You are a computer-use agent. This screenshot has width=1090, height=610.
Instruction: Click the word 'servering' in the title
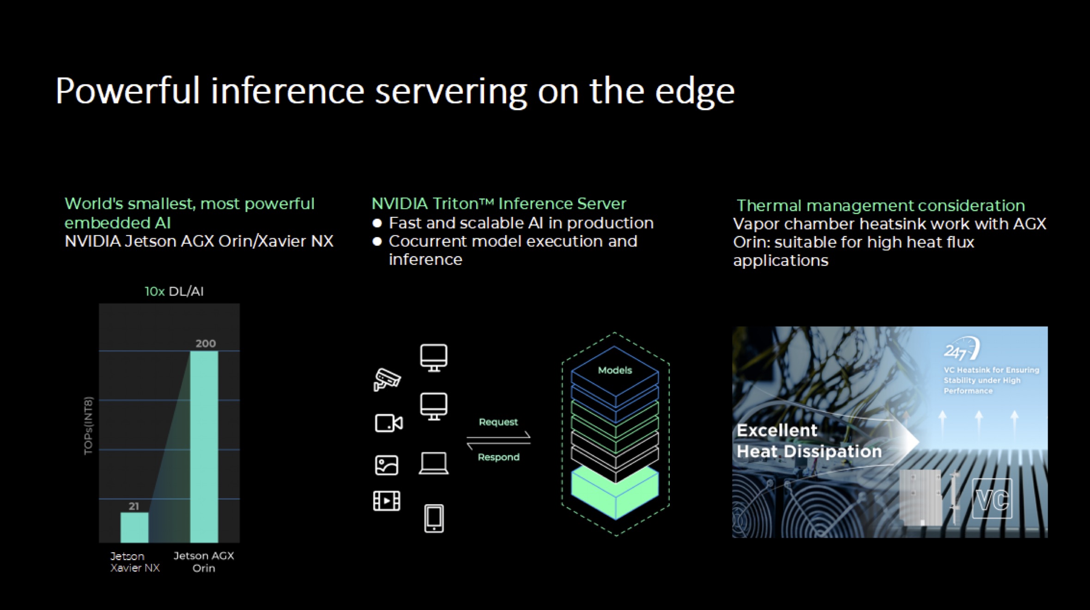[x=450, y=91]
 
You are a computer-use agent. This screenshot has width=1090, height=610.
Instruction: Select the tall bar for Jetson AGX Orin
[x=204, y=447]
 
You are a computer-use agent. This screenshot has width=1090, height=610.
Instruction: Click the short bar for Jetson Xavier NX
[x=134, y=527]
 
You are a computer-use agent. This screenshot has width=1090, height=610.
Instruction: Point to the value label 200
[x=206, y=343]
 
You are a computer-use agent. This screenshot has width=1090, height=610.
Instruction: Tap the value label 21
[x=134, y=506]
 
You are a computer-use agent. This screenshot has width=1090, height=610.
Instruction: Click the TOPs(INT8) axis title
[x=89, y=425]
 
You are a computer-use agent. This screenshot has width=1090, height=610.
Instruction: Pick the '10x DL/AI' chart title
[x=174, y=292]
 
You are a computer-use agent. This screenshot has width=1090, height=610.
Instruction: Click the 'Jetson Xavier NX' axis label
[x=135, y=562]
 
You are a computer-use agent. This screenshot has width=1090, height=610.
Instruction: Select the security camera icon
[x=387, y=380]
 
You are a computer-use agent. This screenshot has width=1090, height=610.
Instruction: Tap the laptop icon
[x=433, y=463]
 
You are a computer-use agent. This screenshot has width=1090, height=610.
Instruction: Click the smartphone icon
[x=434, y=518]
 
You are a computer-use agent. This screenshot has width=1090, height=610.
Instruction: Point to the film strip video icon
[x=387, y=501]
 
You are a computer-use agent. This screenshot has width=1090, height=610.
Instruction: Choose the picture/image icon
[x=387, y=465]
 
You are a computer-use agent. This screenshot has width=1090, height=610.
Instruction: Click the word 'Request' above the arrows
[x=498, y=422]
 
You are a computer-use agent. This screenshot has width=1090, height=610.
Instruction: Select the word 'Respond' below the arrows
[x=499, y=457]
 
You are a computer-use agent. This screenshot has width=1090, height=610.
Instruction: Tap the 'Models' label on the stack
[x=615, y=370]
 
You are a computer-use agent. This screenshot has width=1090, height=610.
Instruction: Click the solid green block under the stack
[x=615, y=491]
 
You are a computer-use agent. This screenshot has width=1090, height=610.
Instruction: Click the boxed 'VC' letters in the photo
[x=992, y=499]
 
